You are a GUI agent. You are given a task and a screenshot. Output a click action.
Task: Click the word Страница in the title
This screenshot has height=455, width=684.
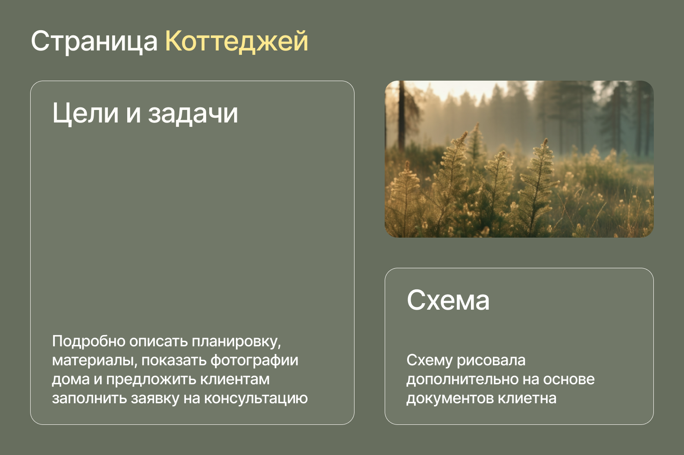click(94, 41)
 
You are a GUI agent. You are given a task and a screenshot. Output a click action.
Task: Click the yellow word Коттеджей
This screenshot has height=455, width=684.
click(237, 41)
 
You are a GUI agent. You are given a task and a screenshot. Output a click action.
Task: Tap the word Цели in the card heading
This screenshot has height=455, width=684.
click(85, 113)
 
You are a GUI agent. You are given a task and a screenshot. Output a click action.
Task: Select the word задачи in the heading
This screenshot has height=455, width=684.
click(193, 114)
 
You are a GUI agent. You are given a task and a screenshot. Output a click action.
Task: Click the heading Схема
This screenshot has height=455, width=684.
click(448, 300)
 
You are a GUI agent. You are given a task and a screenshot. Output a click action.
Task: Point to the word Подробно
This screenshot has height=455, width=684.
click(88, 341)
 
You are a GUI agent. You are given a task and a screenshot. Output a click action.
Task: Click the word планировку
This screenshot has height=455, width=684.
click(236, 342)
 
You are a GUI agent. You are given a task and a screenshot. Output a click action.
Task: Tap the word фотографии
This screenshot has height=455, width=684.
click(254, 361)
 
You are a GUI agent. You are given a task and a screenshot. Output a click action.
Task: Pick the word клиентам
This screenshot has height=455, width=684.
click(235, 380)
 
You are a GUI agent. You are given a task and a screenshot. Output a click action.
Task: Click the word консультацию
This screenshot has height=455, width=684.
click(256, 399)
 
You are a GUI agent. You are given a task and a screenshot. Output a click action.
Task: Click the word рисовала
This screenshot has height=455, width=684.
click(491, 361)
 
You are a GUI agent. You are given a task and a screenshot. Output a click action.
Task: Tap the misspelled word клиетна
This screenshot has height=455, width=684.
click(527, 399)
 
